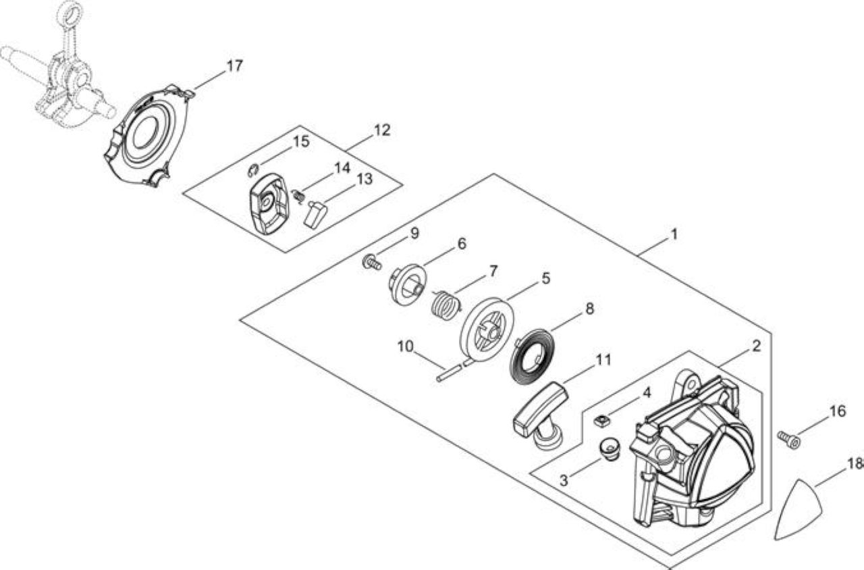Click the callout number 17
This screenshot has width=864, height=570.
pos(234,66)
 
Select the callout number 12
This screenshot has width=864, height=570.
pos(382,130)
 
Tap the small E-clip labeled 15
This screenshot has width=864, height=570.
pos(253,170)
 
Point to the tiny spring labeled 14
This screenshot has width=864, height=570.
pos(299,197)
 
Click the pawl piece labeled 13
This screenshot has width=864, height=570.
pos(317,213)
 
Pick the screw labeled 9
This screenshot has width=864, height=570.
pos(371,263)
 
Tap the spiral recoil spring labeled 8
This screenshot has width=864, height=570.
pos(535,359)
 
